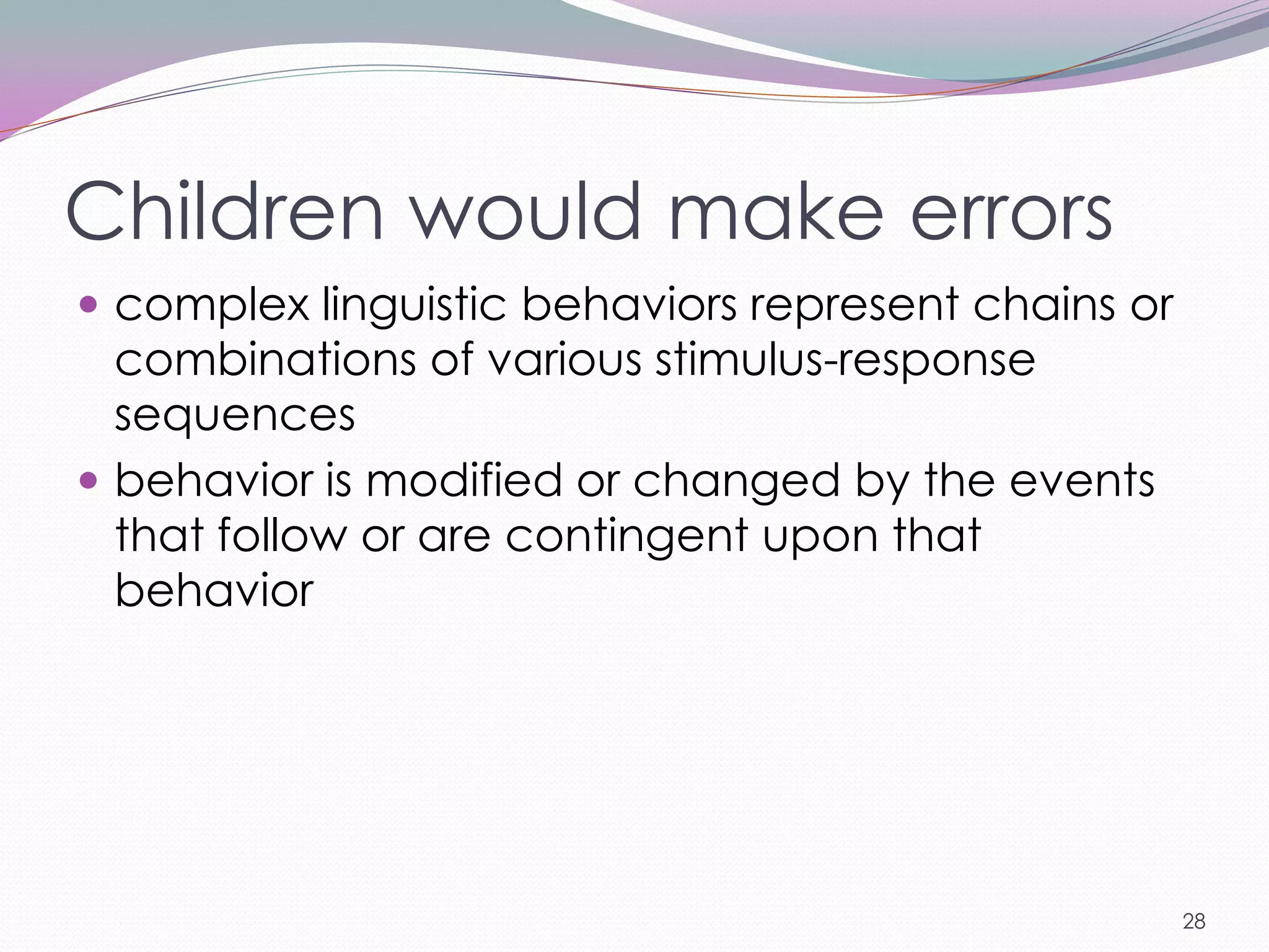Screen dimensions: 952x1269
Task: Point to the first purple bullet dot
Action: coord(89,304)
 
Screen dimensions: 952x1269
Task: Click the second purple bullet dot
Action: coord(89,480)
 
